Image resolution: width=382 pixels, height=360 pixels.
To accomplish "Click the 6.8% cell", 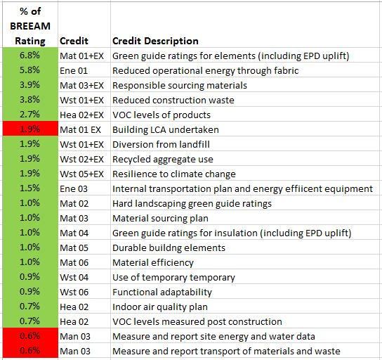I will click(x=29, y=56).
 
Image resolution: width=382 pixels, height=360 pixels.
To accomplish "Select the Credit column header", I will click(x=74, y=41).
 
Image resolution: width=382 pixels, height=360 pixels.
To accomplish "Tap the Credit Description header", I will click(x=155, y=41).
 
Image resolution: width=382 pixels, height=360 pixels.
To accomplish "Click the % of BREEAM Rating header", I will click(x=29, y=27).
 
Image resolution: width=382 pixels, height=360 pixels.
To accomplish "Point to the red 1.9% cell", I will click(x=29, y=129).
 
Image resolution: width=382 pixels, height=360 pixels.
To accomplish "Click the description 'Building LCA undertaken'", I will click(x=165, y=129).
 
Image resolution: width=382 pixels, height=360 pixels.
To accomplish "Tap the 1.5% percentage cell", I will click(x=29, y=188).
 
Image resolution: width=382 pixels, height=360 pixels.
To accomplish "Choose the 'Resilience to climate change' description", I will click(x=173, y=174).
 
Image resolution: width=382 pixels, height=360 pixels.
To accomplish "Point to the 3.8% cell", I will click(x=29, y=100).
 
